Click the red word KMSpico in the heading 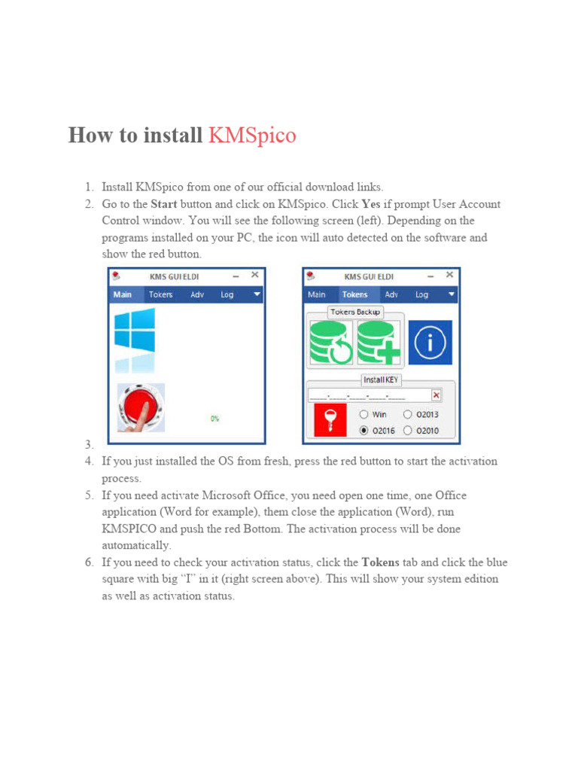coord(252,136)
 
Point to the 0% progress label coord(214,418)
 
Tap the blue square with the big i coord(430,343)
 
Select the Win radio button coord(364,414)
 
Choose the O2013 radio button coord(408,414)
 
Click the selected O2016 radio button coord(364,431)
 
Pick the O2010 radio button coord(408,431)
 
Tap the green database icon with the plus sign coord(379,343)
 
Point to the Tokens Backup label coord(356,312)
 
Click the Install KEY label coord(380,380)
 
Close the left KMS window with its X coord(254,276)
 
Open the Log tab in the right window coord(421,294)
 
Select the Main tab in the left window coord(123,294)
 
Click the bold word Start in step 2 coord(165,204)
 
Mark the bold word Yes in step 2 coord(371,204)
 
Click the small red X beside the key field coord(437,395)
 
